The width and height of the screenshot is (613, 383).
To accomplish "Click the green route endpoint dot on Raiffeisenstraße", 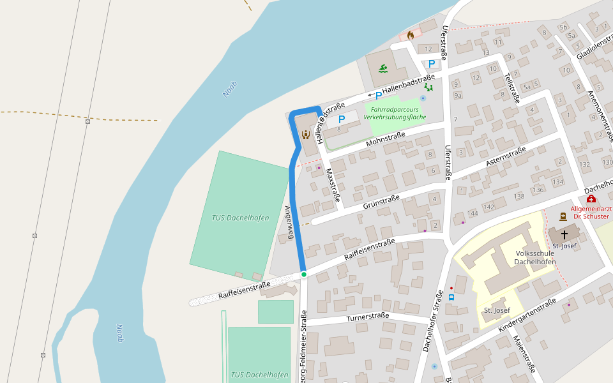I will pyautogui.click(x=304, y=274).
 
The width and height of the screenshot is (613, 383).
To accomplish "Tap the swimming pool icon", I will pyautogui.click(x=383, y=68).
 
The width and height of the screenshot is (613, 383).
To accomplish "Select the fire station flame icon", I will pyautogui.click(x=410, y=35).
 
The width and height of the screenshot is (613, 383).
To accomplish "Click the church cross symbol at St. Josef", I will pyautogui.click(x=564, y=234).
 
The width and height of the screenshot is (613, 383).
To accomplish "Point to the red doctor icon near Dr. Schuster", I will pyautogui.click(x=591, y=199).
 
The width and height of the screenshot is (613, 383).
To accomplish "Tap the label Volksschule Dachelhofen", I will pyautogui.click(x=535, y=257).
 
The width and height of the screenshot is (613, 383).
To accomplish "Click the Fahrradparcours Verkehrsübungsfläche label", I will pyautogui.click(x=394, y=113).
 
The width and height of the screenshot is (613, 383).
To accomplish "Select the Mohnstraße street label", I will pyautogui.click(x=386, y=139).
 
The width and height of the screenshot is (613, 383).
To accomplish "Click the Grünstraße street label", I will pyautogui.click(x=381, y=202).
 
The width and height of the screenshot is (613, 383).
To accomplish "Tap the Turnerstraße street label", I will pyautogui.click(x=367, y=317).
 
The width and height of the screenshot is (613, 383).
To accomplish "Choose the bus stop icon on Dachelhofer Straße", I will pyautogui.click(x=451, y=297).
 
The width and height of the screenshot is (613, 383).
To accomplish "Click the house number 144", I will pyautogui.click(x=473, y=213).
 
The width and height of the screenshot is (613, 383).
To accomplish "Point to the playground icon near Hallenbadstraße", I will pyautogui.click(x=428, y=87).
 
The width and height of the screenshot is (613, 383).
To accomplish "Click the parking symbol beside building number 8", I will pyautogui.click(x=342, y=119).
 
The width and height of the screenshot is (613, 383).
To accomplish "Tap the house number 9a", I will pyautogui.click(x=458, y=96).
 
